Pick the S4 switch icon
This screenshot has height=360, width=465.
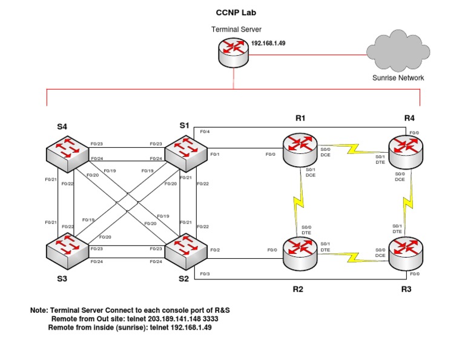coord(65,152)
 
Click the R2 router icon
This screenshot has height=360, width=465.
coord(300,252)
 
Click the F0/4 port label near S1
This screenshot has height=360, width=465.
coord(205,132)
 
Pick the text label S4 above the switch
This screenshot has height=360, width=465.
coord(62,127)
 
